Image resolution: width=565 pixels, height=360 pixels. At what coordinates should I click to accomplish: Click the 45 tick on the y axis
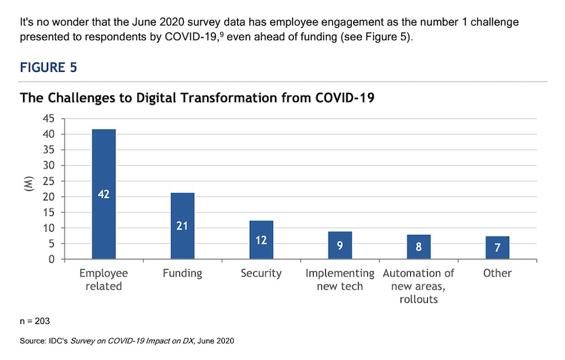(49, 118)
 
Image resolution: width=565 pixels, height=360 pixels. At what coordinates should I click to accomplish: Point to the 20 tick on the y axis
(49, 197)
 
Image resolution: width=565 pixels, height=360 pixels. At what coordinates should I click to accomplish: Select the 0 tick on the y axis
(52, 259)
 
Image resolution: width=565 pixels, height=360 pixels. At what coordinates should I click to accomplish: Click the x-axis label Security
(261, 273)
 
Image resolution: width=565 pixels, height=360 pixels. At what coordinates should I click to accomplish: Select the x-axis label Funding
(182, 273)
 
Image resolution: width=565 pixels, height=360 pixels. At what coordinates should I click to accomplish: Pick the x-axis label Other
(497, 273)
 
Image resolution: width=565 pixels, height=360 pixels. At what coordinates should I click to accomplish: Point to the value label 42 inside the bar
(104, 194)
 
